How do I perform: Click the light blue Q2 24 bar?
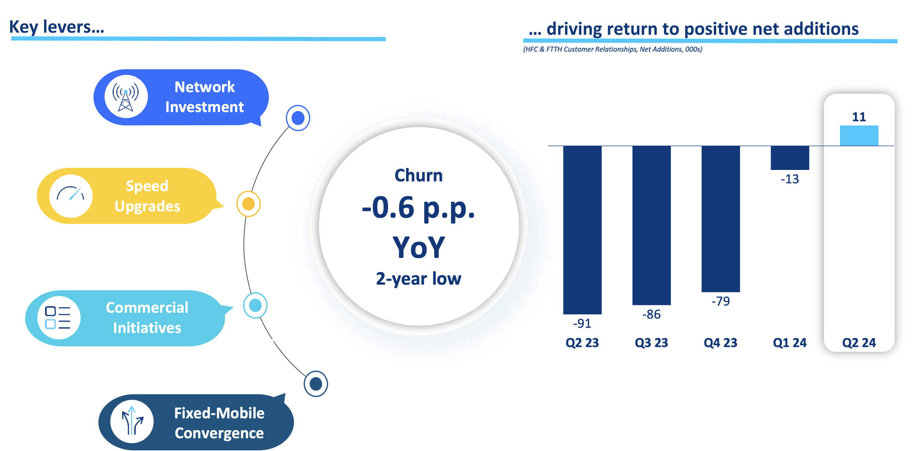click(859, 135)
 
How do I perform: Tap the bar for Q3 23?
click(652, 225)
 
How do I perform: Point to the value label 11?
click(859, 117)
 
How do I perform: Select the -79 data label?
click(720, 301)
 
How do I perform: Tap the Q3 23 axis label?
click(652, 342)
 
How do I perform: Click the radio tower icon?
click(126, 97)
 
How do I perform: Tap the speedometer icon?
click(71, 196)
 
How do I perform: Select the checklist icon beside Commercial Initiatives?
click(58, 317)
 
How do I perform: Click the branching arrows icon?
click(132, 421)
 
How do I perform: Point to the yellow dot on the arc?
click(248, 204)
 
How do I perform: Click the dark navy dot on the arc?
click(316, 384)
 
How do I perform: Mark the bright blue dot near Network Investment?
click(298, 118)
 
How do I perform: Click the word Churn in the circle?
click(418, 175)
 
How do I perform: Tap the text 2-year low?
click(418, 278)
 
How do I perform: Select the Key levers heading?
click(57, 27)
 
